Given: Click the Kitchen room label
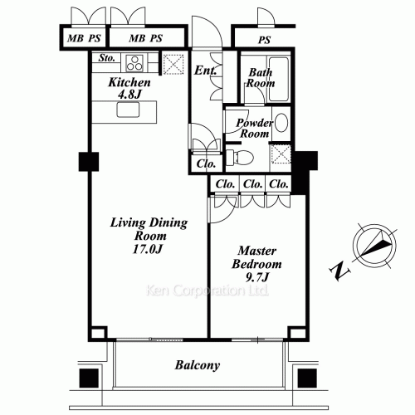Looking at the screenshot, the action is pyautogui.click(x=129, y=82).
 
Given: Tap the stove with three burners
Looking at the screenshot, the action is pyautogui.click(x=134, y=63).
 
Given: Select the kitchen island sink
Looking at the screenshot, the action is pyautogui.click(x=128, y=110).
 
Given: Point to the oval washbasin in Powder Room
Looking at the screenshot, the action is pyautogui.click(x=281, y=123).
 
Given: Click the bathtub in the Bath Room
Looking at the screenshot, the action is pyautogui.click(x=279, y=79).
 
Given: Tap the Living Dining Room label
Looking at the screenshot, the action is pyautogui.click(x=149, y=229).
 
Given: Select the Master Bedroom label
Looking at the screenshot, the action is pyautogui.click(x=256, y=257).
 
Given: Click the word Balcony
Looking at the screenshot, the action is pyautogui.click(x=198, y=365).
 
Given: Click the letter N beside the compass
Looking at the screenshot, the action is pyautogui.click(x=339, y=271).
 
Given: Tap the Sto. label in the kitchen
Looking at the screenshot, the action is pyautogui.click(x=106, y=58).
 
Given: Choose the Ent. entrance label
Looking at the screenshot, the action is pyautogui.click(x=205, y=71).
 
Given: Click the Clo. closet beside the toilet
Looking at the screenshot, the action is pyautogui.click(x=206, y=164).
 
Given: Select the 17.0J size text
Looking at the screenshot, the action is pyautogui.click(x=147, y=249).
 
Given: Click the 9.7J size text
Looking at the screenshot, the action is pyautogui.click(x=257, y=277).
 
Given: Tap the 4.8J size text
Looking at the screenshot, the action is pyautogui.click(x=129, y=95).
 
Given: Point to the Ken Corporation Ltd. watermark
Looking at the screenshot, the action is pyautogui.click(x=207, y=290).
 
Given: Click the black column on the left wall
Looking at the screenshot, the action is pyautogui.click(x=89, y=162).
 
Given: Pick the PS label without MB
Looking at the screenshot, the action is pyautogui.click(x=264, y=40).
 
